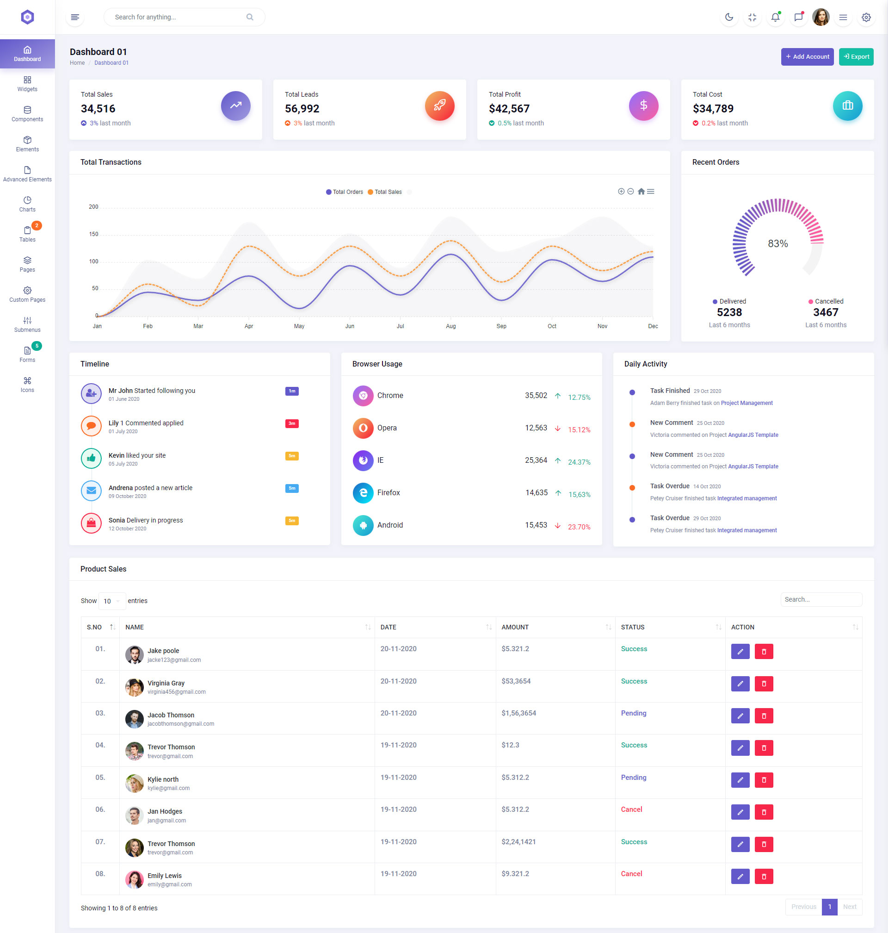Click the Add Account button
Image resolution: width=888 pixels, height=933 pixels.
click(x=807, y=57)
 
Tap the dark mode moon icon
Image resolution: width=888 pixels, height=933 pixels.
click(x=729, y=18)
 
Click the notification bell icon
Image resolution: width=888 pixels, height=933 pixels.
click(x=775, y=18)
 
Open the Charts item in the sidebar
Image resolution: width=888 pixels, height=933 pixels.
click(x=27, y=204)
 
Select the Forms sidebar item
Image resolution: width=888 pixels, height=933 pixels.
click(x=27, y=354)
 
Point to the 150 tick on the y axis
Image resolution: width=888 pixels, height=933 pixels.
click(x=93, y=234)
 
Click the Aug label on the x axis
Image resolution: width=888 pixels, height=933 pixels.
click(x=450, y=326)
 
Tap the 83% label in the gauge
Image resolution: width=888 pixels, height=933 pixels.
click(x=777, y=243)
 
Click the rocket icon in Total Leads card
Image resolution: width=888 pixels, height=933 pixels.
click(x=439, y=106)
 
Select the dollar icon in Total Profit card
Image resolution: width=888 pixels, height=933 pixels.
click(x=643, y=106)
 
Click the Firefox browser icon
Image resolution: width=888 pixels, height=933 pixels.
click(x=363, y=492)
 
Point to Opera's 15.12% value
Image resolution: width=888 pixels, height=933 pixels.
click(x=579, y=429)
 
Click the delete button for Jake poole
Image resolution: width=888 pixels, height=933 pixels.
click(x=764, y=651)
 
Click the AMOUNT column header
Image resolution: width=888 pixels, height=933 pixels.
click(x=515, y=627)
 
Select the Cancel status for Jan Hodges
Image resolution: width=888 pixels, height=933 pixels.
click(x=631, y=809)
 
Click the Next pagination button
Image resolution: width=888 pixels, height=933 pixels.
click(x=849, y=907)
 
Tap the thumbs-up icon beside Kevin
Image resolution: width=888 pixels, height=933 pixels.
click(x=92, y=458)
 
